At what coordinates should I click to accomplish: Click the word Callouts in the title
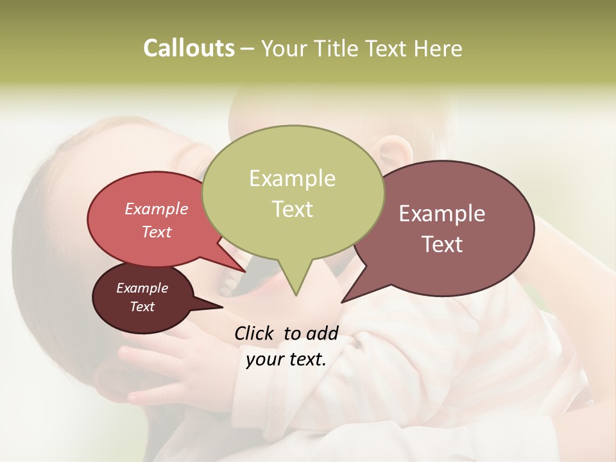coord(189,48)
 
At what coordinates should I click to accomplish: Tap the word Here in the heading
coord(439,48)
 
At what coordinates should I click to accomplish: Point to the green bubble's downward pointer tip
coord(296,295)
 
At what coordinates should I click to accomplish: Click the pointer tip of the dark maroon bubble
coord(222,307)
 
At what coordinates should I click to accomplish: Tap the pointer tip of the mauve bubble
coord(342,302)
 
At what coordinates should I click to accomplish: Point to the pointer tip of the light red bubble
coord(245,271)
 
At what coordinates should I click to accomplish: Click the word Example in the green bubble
coord(292,178)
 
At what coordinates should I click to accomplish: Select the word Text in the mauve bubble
coord(442,244)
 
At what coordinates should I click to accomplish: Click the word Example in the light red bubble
coord(156,209)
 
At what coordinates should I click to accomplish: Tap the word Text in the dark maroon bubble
coord(142,307)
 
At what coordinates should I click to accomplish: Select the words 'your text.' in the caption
coord(286,359)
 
